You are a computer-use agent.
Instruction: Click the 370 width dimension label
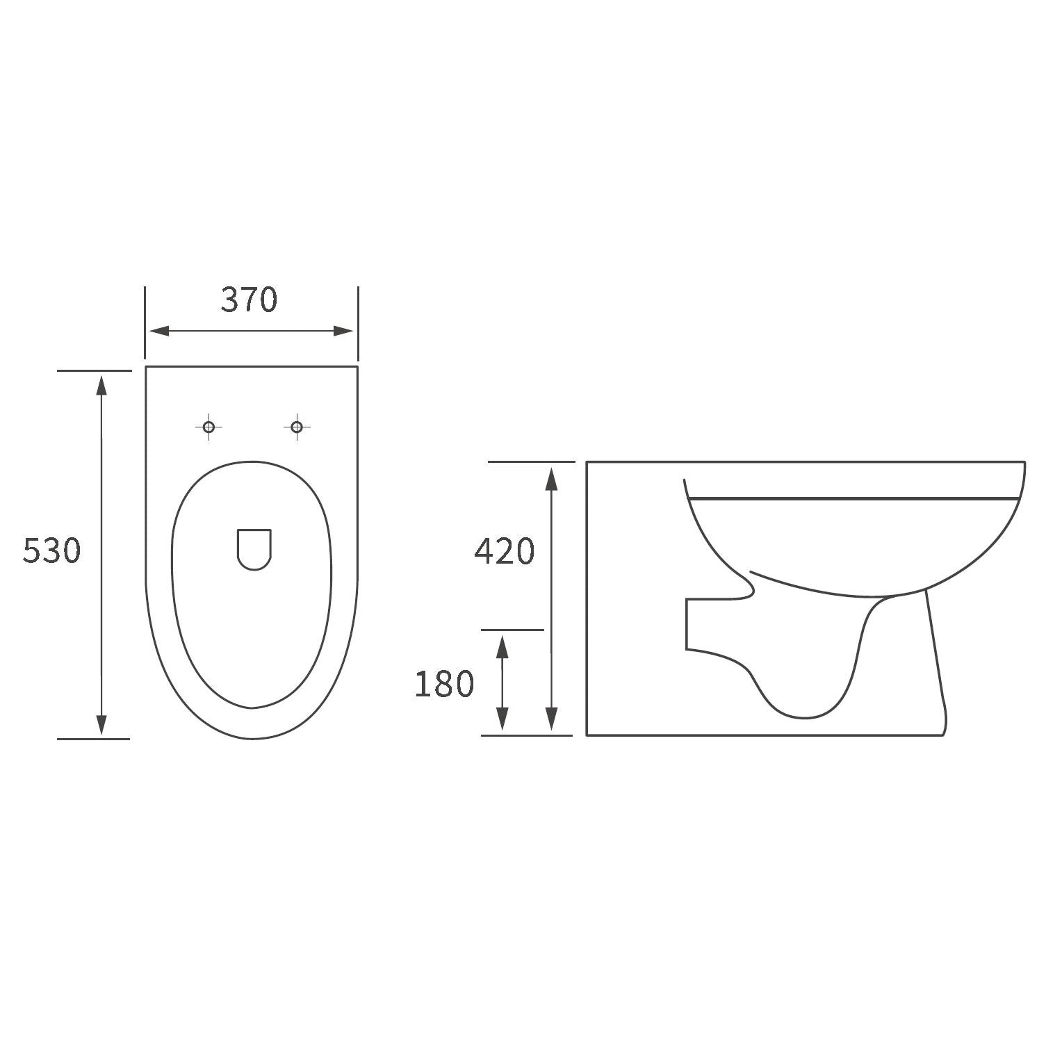(250, 300)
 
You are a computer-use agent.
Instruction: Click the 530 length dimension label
(52, 550)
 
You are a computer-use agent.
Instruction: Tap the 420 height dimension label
(505, 551)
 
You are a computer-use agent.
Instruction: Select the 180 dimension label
(444, 683)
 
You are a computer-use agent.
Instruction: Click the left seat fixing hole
(208, 427)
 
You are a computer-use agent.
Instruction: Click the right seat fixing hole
(297, 427)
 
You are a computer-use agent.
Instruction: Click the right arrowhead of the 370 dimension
(343, 331)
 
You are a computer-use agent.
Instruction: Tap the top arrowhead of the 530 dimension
(102, 385)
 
